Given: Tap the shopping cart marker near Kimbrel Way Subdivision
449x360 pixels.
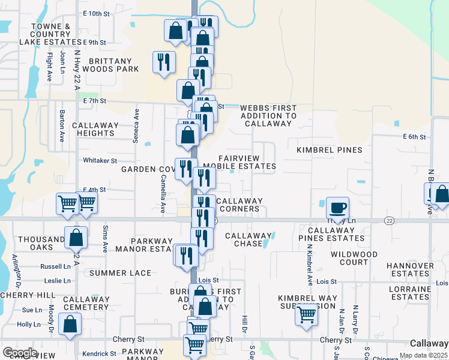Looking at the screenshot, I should point(307,314).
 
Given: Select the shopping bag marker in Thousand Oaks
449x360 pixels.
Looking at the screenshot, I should point(76,238).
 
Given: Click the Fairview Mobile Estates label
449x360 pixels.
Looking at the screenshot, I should point(240,161).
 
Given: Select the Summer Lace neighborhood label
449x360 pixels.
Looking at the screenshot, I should point(121,273).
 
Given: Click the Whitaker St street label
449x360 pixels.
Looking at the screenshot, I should point(100,161).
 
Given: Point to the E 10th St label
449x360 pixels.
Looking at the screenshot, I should point(98,13).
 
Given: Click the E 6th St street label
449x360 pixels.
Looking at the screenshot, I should point(414,137).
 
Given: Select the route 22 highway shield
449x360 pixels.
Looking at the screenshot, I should point(390,221).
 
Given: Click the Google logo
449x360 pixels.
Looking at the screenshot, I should point(20,353).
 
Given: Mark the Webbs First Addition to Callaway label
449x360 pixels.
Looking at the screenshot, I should point(268,115).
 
